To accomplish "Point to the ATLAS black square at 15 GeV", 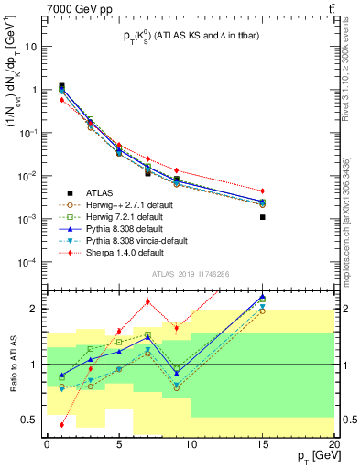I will (263, 217).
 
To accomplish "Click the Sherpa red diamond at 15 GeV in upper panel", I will (263, 191).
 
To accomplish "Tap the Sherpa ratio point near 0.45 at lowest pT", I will (61, 425).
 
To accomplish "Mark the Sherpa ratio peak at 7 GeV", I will (147, 302).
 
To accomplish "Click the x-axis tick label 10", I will (191, 442).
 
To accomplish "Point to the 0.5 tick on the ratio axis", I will (34, 420).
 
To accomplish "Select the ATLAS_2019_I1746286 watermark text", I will (191, 273).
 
